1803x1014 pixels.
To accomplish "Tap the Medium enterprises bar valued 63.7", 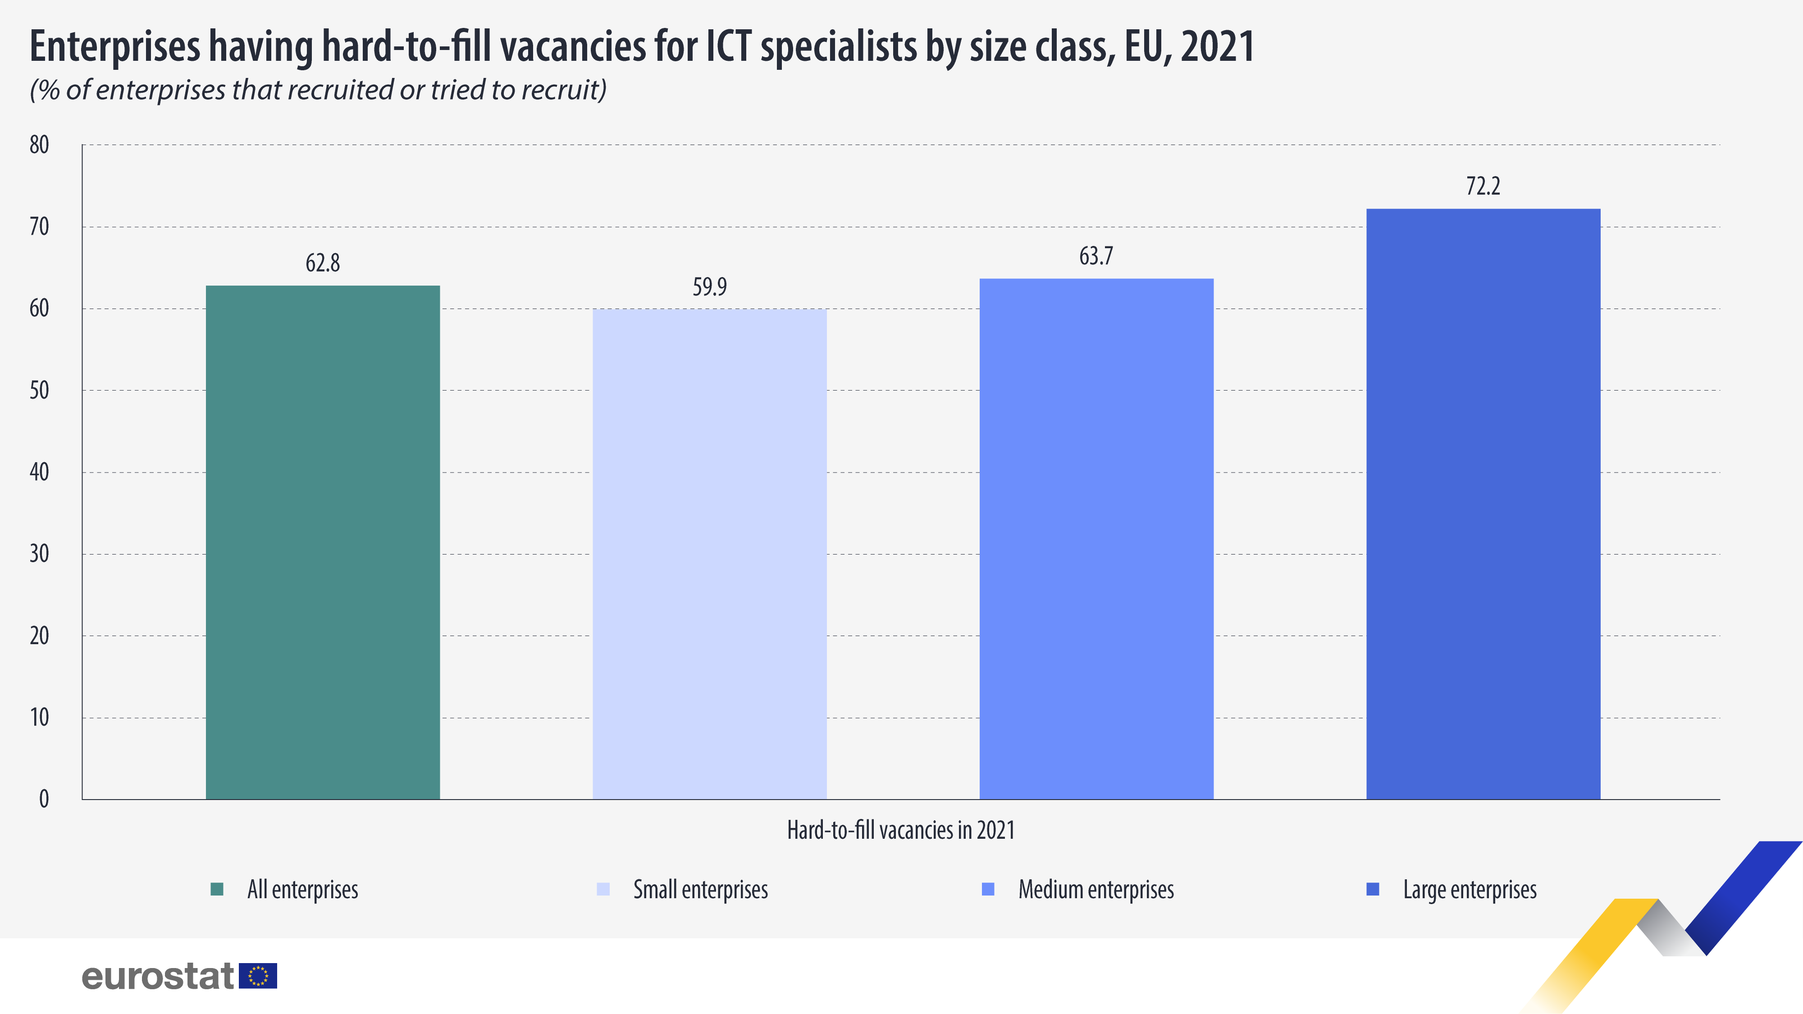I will tap(1096, 538).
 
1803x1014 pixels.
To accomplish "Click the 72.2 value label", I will tap(1483, 186).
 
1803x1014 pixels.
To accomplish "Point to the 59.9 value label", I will tap(710, 287).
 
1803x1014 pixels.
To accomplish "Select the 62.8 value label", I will tap(323, 263).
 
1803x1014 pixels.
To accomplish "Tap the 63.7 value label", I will tap(1096, 256).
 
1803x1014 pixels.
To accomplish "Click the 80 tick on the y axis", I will tap(39, 145).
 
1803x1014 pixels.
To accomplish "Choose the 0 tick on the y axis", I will tap(43, 799).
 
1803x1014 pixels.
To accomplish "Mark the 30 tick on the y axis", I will tap(39, 554).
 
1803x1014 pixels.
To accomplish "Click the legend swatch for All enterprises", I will tap(217, 889).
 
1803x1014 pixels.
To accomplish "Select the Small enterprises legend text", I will tap(700, 889).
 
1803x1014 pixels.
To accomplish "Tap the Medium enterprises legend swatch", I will tap(988, 889).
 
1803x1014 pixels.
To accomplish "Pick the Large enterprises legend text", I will tap(1470, 889).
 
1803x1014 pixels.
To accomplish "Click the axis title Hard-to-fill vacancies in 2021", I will tap(901, 830).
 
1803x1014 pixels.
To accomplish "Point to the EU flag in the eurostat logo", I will tap(258, 976).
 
